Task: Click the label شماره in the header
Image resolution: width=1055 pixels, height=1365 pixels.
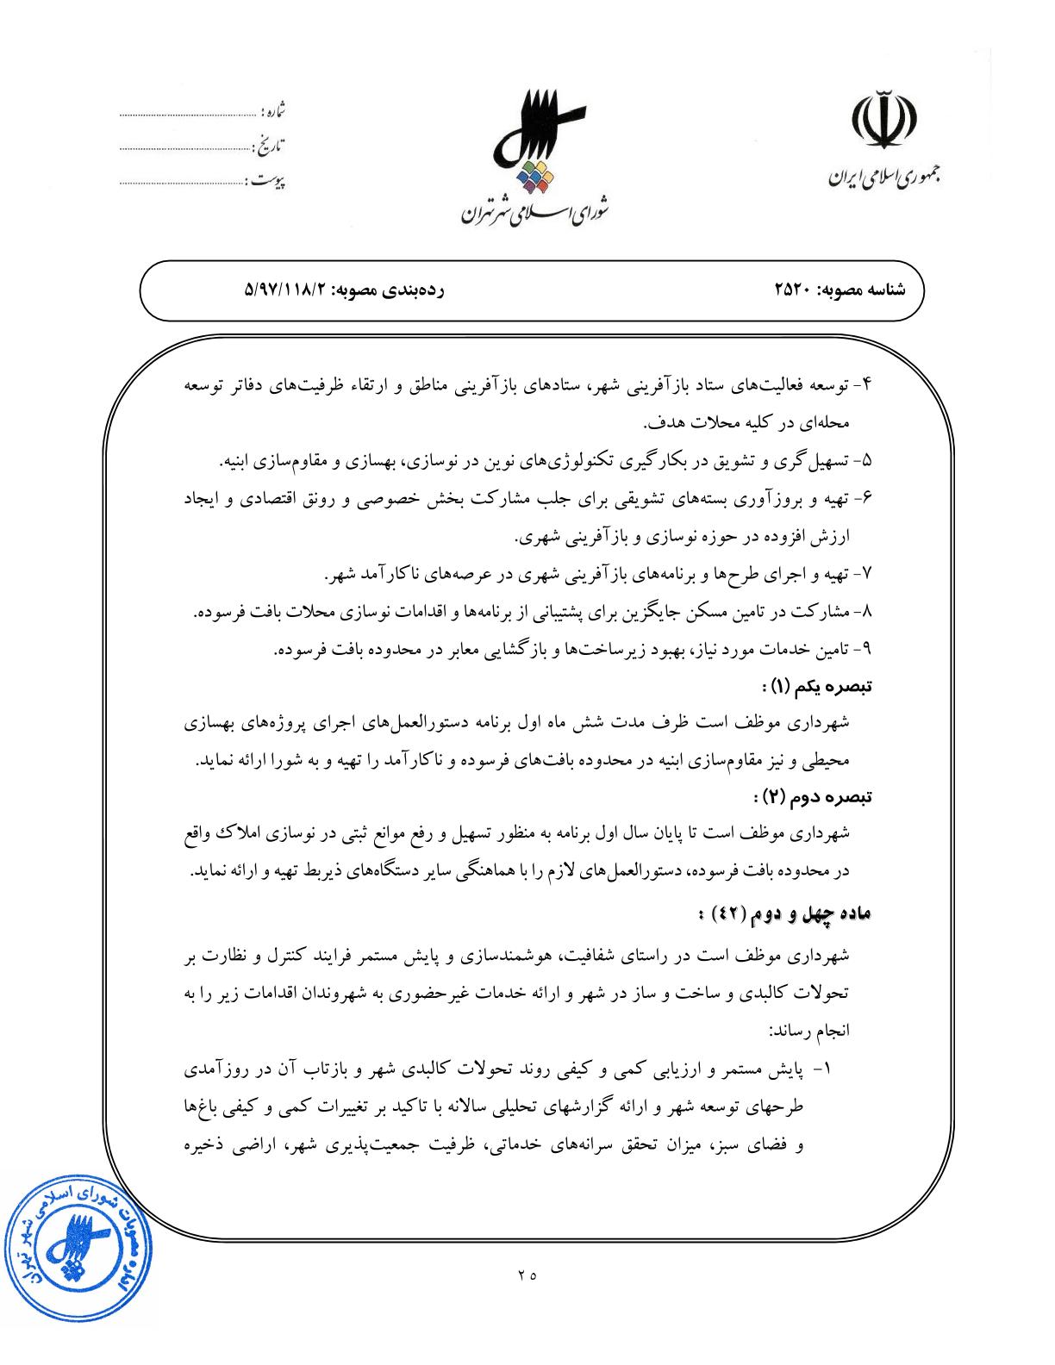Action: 273,112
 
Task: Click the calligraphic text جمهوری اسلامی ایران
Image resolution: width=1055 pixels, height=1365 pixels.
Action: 883,179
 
